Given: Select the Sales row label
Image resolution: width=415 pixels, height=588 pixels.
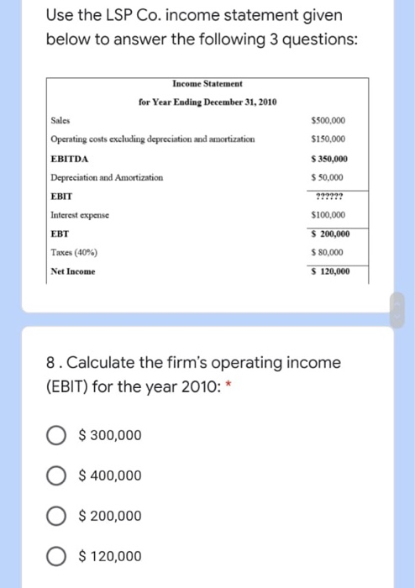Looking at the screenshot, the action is (61, 120).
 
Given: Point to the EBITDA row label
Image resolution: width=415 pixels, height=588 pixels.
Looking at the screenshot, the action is (70, 158).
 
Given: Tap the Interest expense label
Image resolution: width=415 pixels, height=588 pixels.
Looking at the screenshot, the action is (82, 215).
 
